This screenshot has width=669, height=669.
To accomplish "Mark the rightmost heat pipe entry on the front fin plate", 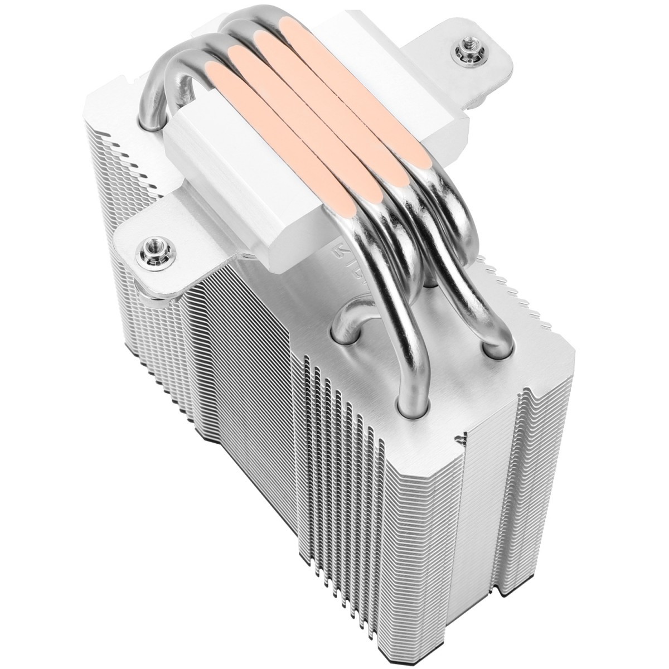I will coord(495,346).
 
